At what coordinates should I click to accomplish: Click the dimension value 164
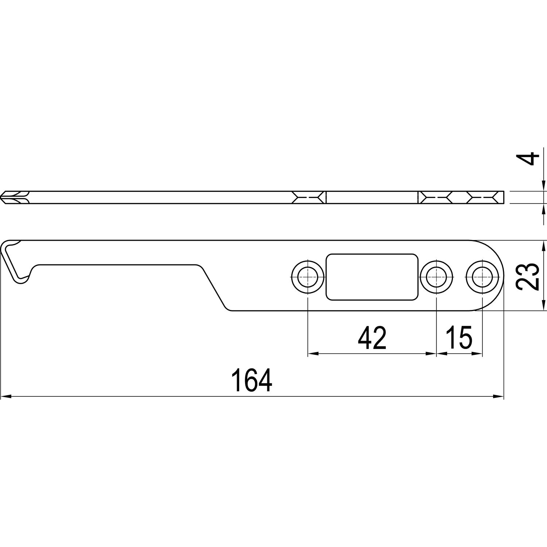pos(252,380)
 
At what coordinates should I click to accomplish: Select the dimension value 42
pos(372,338)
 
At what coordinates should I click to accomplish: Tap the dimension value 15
pos(459,338)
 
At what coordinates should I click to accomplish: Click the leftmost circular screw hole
pos(308,276)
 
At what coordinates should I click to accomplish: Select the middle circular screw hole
pos(436,276)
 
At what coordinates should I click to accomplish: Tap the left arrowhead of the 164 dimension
pos(7,396)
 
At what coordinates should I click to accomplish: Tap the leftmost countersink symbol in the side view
pos(308,197)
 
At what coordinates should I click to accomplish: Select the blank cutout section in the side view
pos(372,197)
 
